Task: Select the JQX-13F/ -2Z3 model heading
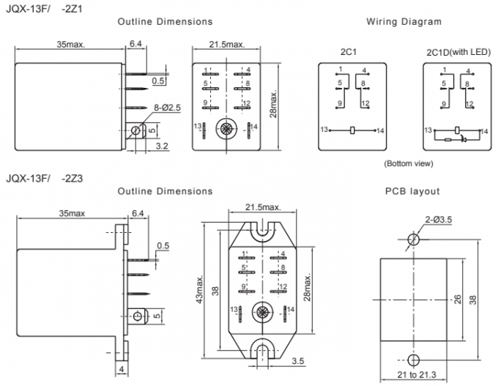[44, 177]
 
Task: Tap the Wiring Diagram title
[404, 22]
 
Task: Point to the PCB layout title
[412, 191]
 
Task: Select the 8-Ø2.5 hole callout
[166, 108]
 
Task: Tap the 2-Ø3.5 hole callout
[437, 219]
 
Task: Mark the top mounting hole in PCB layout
[414, 238]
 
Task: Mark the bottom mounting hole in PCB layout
[414, 359]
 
